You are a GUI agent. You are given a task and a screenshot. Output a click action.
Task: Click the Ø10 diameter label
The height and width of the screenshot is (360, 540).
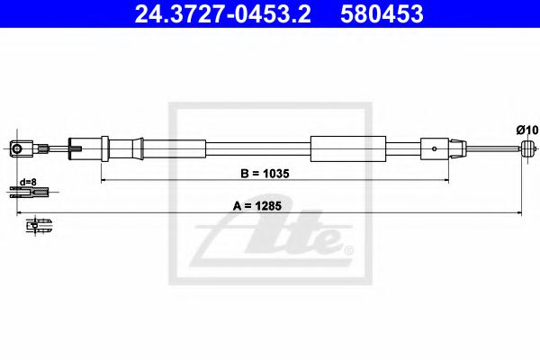(526, 130)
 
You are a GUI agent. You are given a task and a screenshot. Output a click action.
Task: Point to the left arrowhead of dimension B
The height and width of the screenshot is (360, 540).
(103, 181)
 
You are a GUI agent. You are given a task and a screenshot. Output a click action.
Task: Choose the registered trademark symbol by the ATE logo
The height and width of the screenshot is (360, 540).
(348, 248)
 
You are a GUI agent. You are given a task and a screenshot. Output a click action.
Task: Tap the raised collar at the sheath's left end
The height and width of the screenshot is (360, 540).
(105, 148)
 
